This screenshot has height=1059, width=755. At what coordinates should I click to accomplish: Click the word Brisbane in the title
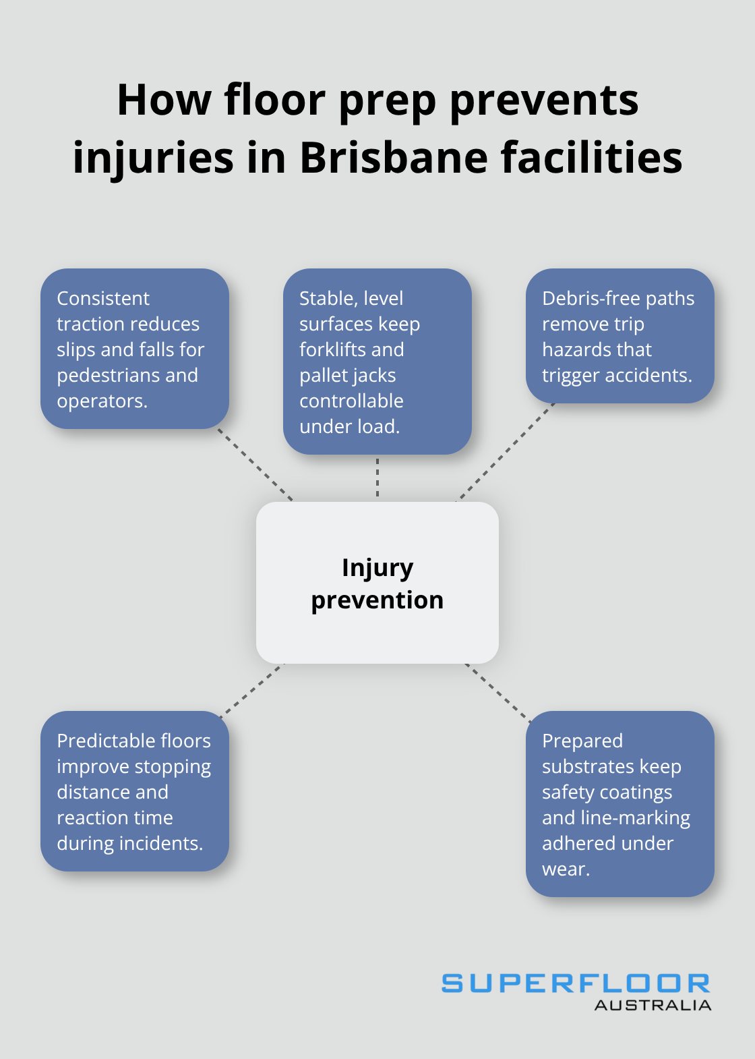click(x=394, y=158)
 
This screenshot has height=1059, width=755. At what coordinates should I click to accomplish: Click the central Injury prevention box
click(x=377, y=583)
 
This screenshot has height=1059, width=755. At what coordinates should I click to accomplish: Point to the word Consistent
click(x=103, y=298)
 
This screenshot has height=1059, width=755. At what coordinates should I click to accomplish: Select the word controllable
click(x=351, y=401)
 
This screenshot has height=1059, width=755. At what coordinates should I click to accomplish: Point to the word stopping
click(x=173, y=767)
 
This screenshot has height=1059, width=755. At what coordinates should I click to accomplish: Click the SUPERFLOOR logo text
click(x=576, y=983)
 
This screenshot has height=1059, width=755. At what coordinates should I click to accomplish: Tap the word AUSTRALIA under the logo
click(x=653, y=1005)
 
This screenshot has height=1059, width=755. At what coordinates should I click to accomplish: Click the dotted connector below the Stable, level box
click(x=377, y=478)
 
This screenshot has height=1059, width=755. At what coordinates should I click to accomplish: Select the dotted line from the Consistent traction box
click(x=255, y=465)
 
